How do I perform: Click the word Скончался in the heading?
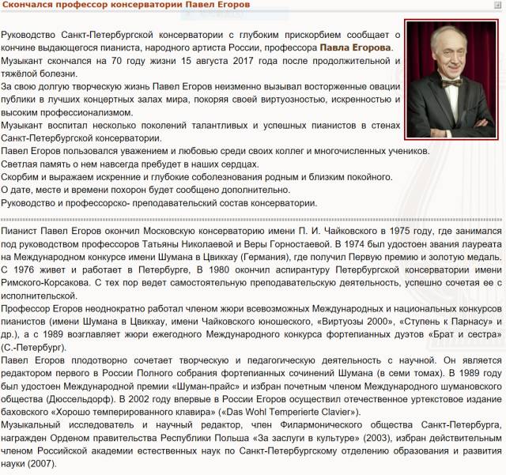pos(30,7)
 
